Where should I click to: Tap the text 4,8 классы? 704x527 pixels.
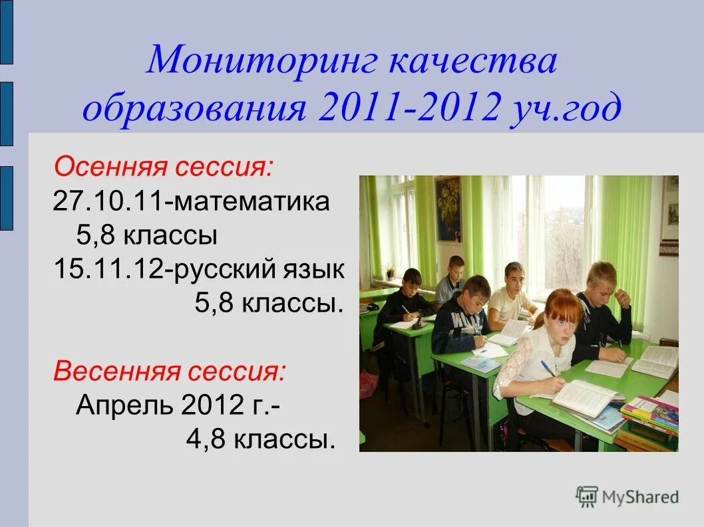[260, 439]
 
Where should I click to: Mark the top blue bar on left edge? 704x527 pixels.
[6, 32]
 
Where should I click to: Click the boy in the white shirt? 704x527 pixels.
[510, 296]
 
